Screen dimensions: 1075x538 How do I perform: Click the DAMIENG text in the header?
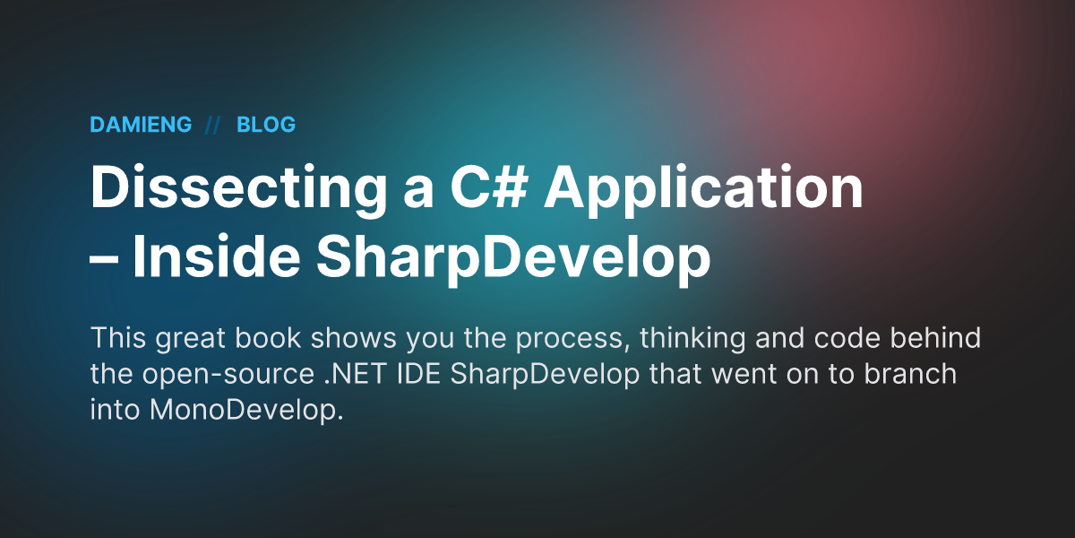[141, 125]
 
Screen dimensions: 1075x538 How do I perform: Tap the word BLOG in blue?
[266, 125]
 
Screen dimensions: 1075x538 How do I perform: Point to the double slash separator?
[212, 125]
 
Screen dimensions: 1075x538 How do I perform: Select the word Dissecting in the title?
[238, 187]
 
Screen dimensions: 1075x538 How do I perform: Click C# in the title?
[489, 187]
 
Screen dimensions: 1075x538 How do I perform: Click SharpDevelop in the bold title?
[513, 258]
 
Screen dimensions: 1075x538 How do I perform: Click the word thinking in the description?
[692, 340]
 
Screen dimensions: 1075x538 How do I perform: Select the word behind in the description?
[936, 338]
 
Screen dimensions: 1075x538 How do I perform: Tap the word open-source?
[228, 376]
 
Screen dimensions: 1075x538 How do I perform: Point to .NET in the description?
[355, 374]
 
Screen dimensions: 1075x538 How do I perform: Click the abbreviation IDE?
[419, 374]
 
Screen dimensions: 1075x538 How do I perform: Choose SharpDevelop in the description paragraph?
[545, 376]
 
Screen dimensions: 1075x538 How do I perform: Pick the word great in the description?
[190, 340]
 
